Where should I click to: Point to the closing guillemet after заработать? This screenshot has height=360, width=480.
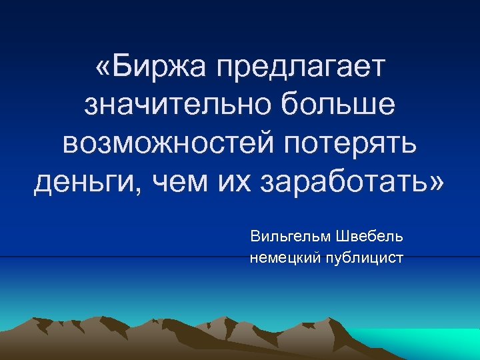tap(436, 181)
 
